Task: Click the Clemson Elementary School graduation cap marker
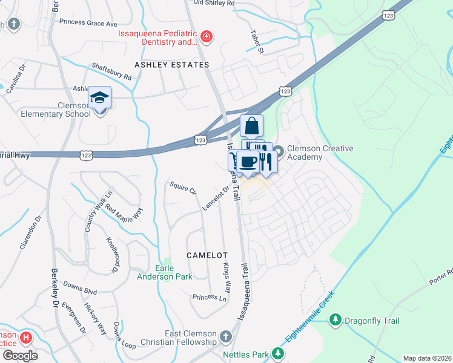(101, 98)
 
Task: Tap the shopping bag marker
(252, 126)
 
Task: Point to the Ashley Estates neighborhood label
(172, 65)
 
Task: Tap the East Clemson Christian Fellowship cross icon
(225, 336)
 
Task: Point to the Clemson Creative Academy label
(320, 152)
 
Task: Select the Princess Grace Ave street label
(88, 22)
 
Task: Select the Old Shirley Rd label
(213, 3)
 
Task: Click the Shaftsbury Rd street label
(111, 71)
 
